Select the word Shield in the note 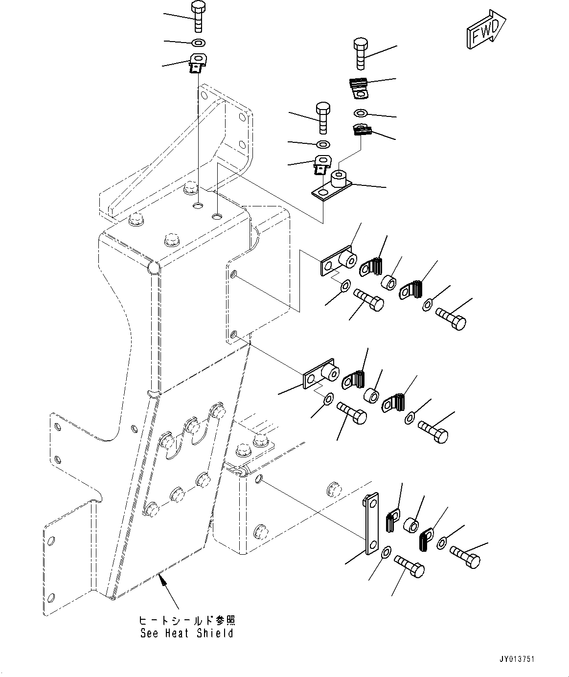pyautogui.click(x=215, y=633)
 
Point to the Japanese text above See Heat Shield pyautogui.click(x=186, y=620)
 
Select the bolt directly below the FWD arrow pyautogui.click(x=361, y=53)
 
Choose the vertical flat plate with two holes pyautogui.click(x=372, y=523)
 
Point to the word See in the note pyautogui.click(x=149, y=633)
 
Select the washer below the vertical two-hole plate pyautogui.click(x=386, y=552)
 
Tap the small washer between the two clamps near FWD pyautogui.click(x=361, y=113)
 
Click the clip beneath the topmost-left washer pyautogui.click(x=197, y=63)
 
